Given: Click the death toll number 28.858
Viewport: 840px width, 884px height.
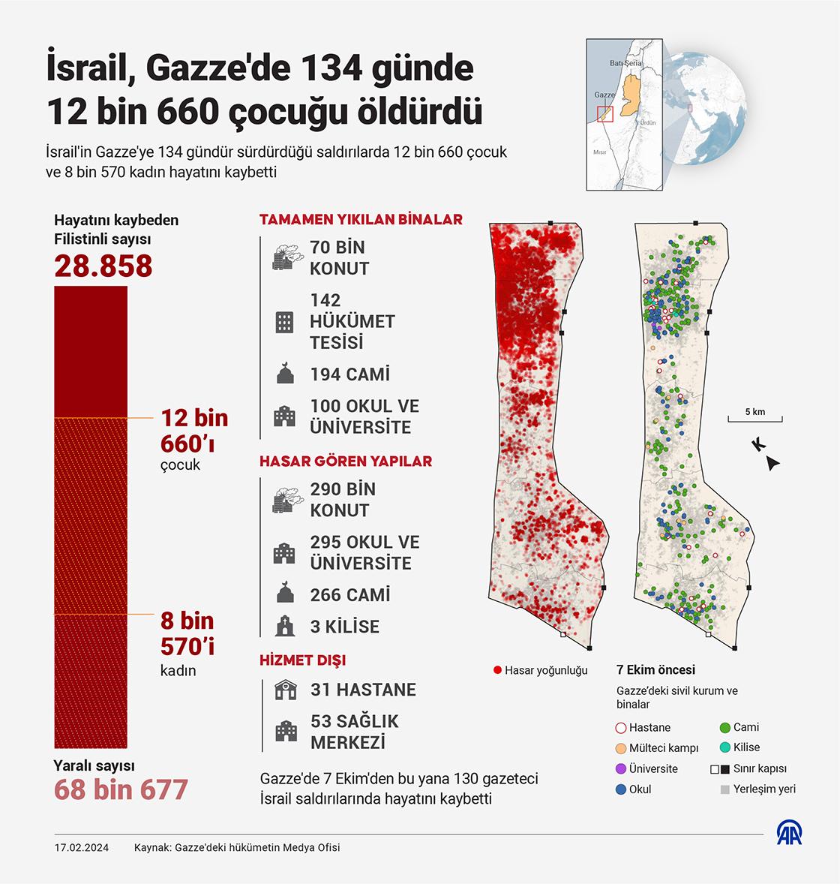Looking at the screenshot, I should click(103, 266).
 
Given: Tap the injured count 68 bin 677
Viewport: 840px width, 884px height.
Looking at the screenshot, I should click(121, 789).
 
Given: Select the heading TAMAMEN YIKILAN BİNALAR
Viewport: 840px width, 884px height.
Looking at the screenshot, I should click(361, 220).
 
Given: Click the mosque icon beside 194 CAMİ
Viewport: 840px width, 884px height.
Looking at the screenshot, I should click(284, 374).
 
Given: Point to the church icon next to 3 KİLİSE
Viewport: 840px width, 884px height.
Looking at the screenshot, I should click(284, 626).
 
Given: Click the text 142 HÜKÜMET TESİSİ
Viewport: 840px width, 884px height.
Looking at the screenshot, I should click(352, 321).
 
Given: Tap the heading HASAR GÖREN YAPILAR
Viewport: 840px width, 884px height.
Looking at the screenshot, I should click(346, 461).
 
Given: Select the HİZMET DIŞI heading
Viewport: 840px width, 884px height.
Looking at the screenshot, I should click(302, 660).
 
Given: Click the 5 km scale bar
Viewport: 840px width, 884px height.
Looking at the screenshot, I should click(754, 419).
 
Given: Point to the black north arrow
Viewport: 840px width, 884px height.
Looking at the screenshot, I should click(773, 465).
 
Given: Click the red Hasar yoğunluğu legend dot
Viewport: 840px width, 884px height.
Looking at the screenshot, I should click(497, 670).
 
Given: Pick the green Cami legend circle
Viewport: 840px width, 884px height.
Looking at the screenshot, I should click(724, 727).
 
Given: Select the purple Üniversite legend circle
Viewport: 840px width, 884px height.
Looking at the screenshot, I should click(620, 768).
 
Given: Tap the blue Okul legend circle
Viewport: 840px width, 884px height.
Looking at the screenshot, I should click(620, 789).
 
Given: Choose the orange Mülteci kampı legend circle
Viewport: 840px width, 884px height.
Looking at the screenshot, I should click(620, 748).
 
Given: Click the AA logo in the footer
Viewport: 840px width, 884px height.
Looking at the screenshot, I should click(788, 834).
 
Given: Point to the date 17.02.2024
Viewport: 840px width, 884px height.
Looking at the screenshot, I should click(82, 848).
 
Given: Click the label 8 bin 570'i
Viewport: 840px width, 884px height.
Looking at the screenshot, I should click(187, 633).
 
